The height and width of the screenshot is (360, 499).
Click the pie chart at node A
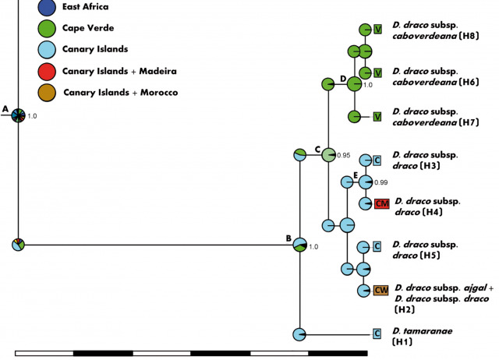[x=18, y=115]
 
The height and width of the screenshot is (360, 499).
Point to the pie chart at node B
[x=299, y=245]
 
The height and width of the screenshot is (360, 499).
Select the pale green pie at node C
[x=328, y=154]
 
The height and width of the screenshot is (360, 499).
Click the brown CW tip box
[x=380, y=291]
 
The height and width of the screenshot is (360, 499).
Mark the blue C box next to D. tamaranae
[x=377, y=334]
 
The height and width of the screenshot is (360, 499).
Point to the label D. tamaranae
[x=421, y=330]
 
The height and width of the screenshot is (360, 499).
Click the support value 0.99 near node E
[x=381, y=182]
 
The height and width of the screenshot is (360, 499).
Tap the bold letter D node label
[x=343, y=79]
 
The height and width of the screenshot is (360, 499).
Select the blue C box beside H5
[x=377, y=247]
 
